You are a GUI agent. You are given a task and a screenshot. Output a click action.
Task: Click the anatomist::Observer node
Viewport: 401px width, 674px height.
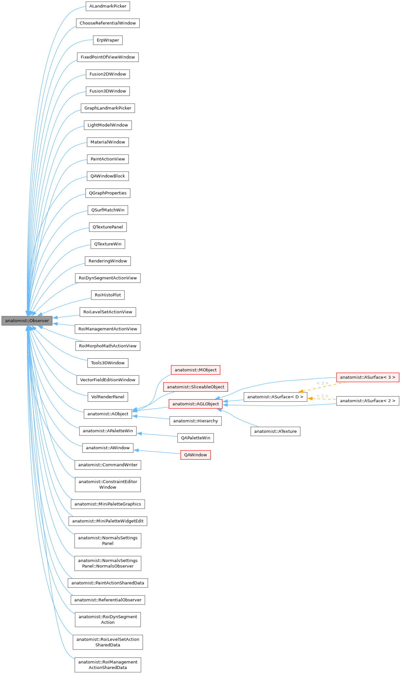(x=27, y=321)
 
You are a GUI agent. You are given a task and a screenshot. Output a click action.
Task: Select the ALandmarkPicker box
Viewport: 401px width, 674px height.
(x=108, y=6)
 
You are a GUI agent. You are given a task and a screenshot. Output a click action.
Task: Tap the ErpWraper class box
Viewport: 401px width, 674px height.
(x=108, y=40)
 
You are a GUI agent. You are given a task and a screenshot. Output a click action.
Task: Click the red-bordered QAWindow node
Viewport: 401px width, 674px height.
(x=195, y=455)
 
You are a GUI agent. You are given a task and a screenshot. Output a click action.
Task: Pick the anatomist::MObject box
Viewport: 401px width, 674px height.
(x=195, y=370)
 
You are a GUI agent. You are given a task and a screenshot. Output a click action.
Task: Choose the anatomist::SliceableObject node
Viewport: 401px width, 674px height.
(x=195, y=387)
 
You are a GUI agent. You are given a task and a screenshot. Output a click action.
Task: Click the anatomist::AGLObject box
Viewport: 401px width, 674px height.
(x=195, y=404)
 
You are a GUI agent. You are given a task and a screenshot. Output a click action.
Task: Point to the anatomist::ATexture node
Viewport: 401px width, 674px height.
(x=275, y=431)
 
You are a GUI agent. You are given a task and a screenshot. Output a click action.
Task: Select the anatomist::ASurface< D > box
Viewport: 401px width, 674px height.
(x=275, y=397)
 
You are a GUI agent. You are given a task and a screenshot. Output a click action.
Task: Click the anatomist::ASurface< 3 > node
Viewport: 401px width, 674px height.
(x=368, y=377)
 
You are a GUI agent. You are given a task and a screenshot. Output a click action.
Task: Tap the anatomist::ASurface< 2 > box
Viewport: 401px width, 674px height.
(x=368, y=401)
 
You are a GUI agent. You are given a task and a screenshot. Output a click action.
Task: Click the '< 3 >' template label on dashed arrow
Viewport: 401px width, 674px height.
(x=322, y=383)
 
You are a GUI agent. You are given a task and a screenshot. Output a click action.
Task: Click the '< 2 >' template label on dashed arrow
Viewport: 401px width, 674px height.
(x=322, y=396)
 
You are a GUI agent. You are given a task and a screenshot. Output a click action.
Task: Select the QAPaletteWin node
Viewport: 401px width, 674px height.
(x=195, y=438)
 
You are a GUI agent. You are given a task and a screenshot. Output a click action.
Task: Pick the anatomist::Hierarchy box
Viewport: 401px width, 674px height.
(x=195, y=421)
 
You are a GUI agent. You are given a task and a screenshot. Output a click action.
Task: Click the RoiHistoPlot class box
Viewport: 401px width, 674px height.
(x=108, y=295)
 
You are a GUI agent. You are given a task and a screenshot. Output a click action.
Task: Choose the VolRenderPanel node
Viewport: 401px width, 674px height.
(x=108, y=397)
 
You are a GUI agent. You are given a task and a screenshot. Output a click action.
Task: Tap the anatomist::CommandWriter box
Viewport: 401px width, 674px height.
(x=108, y=465)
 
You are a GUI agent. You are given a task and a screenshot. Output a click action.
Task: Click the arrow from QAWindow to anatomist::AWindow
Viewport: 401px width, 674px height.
(x=157, y=452)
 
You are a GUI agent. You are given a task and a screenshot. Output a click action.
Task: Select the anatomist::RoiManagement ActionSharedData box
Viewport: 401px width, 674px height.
(x=108, y=665)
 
